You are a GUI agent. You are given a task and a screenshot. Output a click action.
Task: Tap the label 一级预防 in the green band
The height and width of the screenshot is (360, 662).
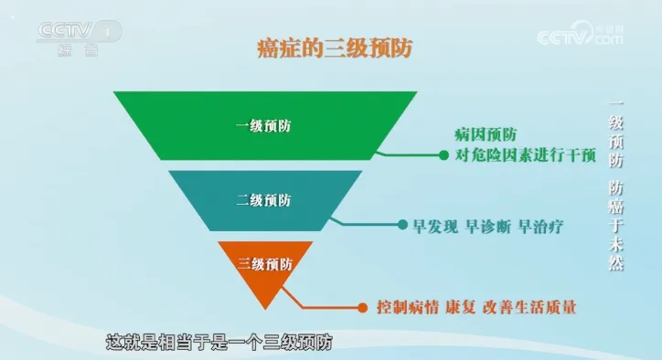pyautogui.click(x=265, y=126)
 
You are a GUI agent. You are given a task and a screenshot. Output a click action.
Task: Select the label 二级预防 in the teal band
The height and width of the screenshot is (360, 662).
pyautogui.click(x=265, y=198)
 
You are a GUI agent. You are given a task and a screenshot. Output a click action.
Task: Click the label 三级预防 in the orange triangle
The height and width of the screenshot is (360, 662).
pyautogui.click(x=265, y=265)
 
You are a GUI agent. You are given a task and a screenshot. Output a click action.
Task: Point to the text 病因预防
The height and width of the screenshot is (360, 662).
pyautogui.click(x=478, y=136)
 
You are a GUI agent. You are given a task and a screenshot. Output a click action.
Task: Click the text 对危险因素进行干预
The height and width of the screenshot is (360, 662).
pyautogui.click(x=525, y=155)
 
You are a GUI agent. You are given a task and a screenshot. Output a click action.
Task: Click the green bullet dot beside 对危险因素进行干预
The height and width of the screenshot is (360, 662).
pyautogui.click(x=443, y=155)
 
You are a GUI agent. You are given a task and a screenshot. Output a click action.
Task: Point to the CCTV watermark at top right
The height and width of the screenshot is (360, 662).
pyautogui.click(x=580, y=37)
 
